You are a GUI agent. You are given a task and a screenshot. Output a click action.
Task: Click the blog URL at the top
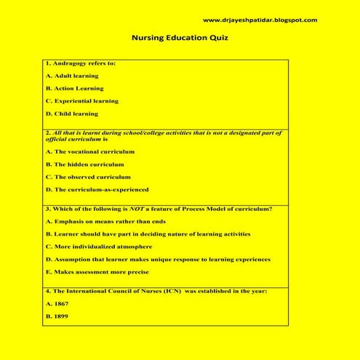coord(260,20)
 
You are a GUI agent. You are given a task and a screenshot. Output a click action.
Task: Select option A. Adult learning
coord(72,75)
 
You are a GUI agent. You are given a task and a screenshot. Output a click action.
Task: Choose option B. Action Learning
coord(74,88)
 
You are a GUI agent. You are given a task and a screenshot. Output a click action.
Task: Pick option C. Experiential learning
coord(81,100)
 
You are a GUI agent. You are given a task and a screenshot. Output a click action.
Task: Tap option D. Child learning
coord(71,113)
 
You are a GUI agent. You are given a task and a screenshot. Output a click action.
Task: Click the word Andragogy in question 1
coord(68,63)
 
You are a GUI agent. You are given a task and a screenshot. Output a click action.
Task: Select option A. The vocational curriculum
coord(90,151)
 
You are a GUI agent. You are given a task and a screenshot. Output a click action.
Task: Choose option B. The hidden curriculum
coord(84,164)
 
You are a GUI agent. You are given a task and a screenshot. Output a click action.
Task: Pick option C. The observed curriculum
coord(88,177)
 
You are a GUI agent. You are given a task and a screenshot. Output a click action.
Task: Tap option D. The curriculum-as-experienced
coord(97,189)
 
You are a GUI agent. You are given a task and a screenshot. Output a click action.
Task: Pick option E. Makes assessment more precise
coord(97,272)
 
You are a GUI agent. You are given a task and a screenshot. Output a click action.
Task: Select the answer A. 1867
coord(57,304)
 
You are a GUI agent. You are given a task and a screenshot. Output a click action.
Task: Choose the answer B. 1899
coord(57,316)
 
